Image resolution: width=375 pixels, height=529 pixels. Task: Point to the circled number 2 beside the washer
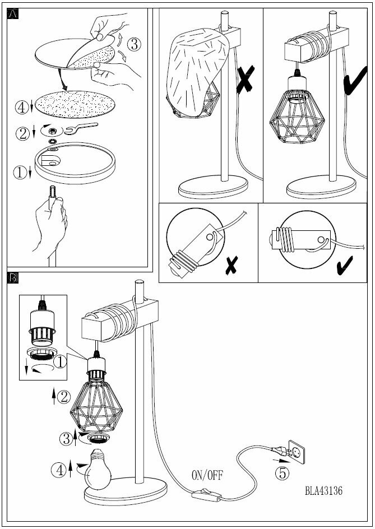(x=23, y=133)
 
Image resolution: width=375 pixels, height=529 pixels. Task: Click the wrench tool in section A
(x=80, y=129)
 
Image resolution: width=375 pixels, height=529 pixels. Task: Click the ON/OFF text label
(x=207, y=476)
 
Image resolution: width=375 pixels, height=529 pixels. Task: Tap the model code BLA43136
(x=323, y=491)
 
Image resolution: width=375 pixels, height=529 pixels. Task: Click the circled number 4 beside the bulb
(x=58, y=470)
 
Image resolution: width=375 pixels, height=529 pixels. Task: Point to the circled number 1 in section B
(x=61, y=363)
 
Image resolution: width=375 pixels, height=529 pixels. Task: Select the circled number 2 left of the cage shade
(x=64, y=397)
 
